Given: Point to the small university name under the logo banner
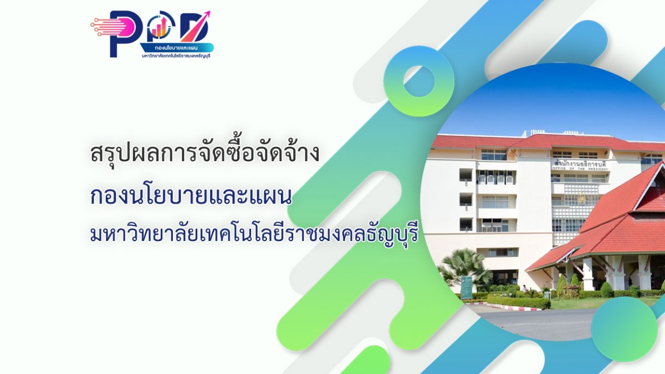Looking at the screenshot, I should point(177,56).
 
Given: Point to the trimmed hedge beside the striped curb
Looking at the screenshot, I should point(518,301).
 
